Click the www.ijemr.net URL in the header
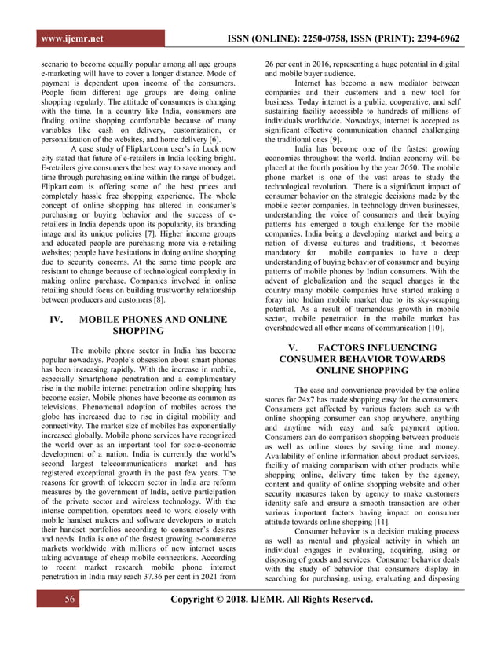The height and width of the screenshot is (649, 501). (74, 38)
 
